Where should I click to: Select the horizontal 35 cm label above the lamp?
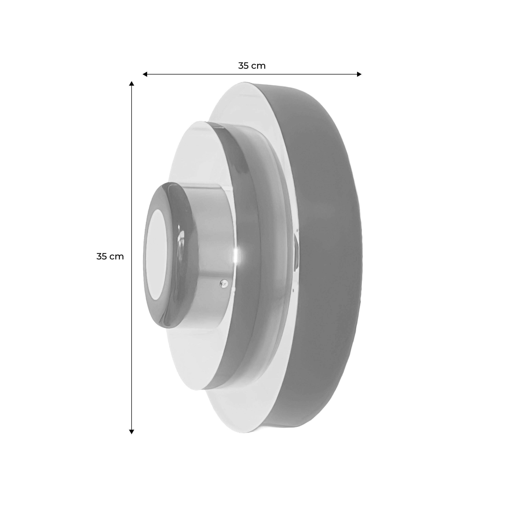pyautogui.click(x=252, y=66)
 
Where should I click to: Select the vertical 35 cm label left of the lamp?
pyautogui.click(x=110, y=256)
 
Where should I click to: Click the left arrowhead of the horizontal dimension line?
pyautogui.click(x=145, y=74)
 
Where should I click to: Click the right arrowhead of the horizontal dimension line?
pyautogui.click(x=359, y=74)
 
